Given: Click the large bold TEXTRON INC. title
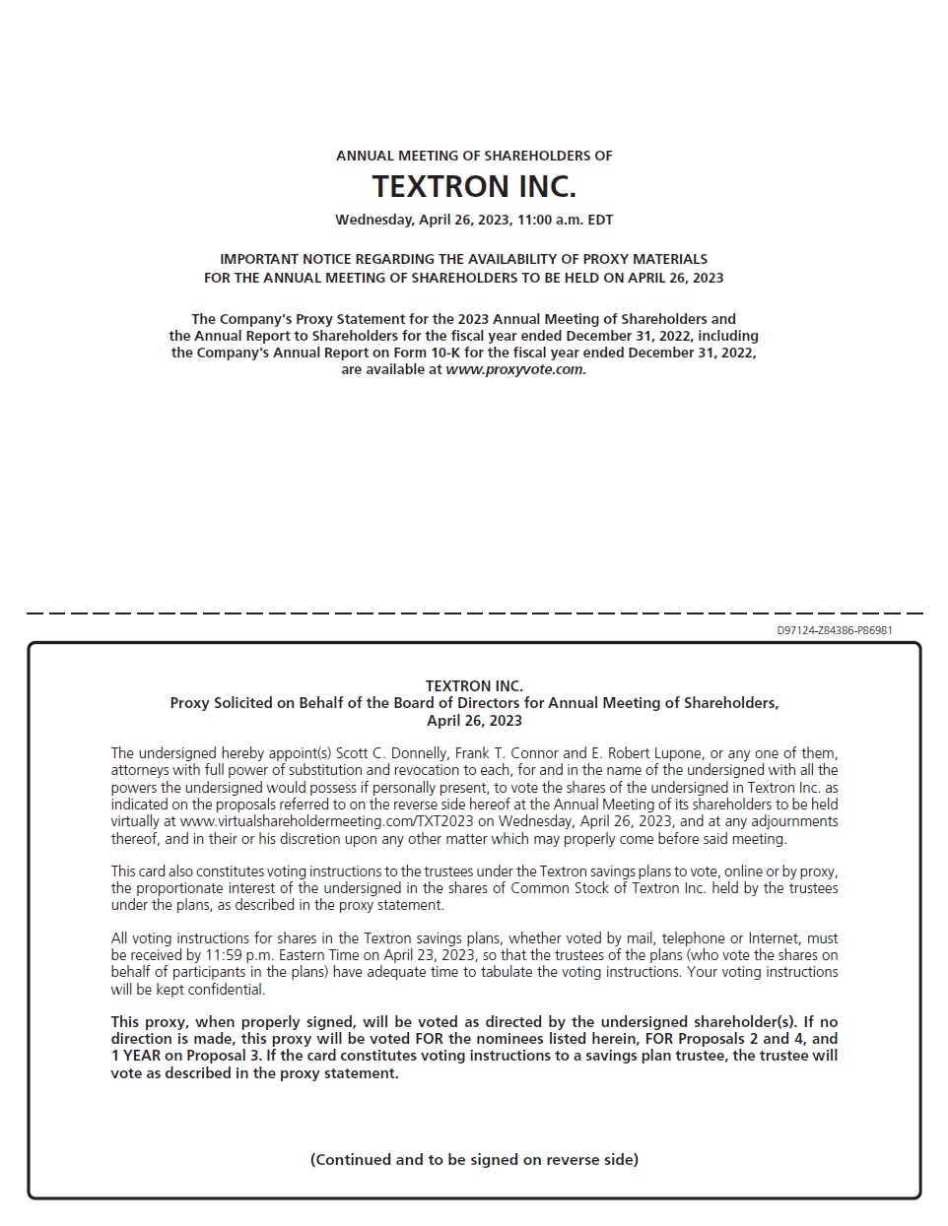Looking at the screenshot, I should click(x=474, y=186).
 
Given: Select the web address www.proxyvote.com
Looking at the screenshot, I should click(x=515, y=369).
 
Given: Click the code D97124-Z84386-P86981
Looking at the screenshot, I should click(x=835, y=630).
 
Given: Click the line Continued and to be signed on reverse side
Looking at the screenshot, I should click(x=474, y=1159).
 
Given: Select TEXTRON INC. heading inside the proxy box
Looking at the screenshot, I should click(x=474, y=685).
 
